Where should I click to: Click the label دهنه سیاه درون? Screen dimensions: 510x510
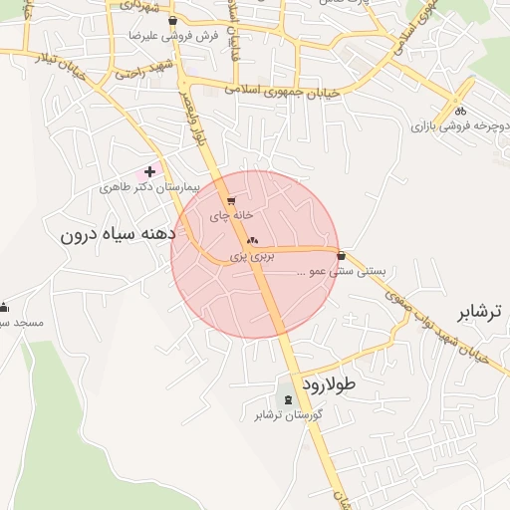pyautogui.click(x=117, y=235)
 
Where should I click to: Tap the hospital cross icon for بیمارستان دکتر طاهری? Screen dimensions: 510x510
pyautogui.click(x=150, y=172)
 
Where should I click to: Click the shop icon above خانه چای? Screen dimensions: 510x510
pyautogui.click(x=232, y=200)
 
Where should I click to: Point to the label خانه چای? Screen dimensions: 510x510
pyautogui.click(x=232, y=215)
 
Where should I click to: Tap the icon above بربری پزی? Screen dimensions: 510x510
pyautogui.click(x=251, y=240)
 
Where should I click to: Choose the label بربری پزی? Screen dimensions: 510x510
pyautogui.click(x=251, y=256)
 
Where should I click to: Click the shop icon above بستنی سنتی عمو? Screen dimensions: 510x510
pyautogui.click(x=342, y=255)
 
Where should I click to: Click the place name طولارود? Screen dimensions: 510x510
pyautogui.click(x=326, y=382)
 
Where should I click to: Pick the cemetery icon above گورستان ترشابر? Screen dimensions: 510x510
pyautogui.click(x=289, y=399)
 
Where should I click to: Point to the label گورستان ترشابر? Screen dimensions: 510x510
pyautogui.click(x=288, y=414)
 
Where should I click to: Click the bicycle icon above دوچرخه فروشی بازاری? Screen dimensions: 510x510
pyautogui.click(x=459, y=112)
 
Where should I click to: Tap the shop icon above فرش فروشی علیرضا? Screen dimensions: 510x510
pyautogui.click(x=173, y=20)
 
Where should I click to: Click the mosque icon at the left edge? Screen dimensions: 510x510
pyautogui.click(x=4, y=307)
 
